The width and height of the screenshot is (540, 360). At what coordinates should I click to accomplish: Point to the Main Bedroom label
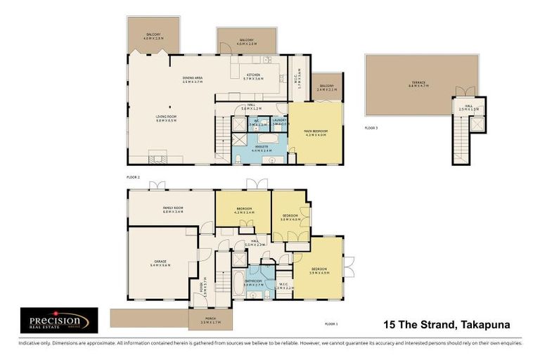click(x=314, y=131)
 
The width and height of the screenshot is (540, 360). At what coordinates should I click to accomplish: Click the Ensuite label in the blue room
click(x=262, y=148)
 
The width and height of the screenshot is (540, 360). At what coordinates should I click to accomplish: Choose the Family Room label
click(x=172, y=209)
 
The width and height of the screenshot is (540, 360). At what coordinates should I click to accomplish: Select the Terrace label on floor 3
click(x=419, y=83)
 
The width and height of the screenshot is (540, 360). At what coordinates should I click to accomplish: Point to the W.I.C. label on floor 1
click(x=283, y=286)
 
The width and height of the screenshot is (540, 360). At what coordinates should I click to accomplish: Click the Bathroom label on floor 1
click(x=254, y=282)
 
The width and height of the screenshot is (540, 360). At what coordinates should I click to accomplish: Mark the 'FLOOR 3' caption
click(x=371, y=128)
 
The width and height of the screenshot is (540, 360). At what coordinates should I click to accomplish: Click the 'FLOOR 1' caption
click(x=331, y=323)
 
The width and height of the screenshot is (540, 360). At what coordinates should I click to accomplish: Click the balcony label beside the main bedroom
click(x=327, y=88)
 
